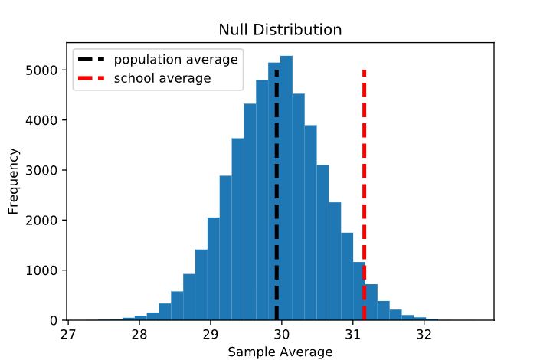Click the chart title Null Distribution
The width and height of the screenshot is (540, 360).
(x=280, y=30)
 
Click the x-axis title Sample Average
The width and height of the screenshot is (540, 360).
(x=280, y=352)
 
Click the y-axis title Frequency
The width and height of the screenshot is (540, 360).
(x=13, y=182)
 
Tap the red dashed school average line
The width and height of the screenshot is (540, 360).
(x=364, y=191)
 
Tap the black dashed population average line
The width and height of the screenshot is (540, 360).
(x=277, y=191)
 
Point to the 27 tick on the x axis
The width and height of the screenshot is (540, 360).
(x=68, y=334)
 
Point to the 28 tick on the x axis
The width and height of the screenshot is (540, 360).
(x=139, y=334)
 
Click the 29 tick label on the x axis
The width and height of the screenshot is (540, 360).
(x=211, y=334)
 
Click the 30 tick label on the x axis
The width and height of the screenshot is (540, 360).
(x=282, y=334)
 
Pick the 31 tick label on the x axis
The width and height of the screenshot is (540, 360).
(x=353, y=334)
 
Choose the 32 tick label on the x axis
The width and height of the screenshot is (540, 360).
(x=424, y=334)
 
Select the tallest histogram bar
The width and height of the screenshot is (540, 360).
(x=286, y=188)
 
